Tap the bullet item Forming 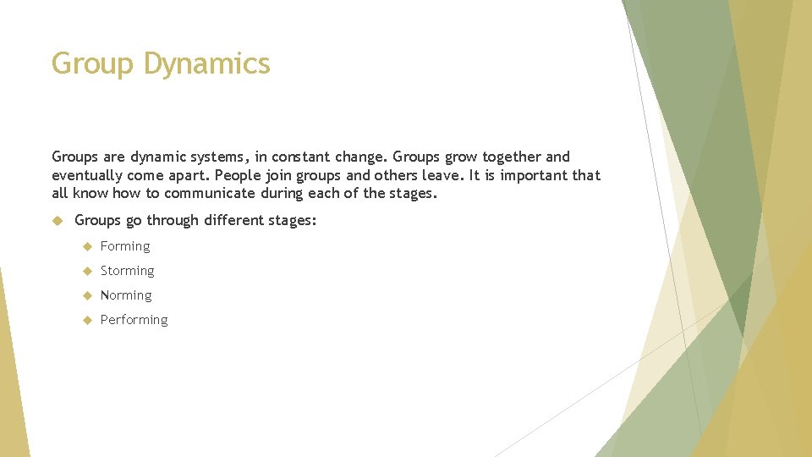point(125,246)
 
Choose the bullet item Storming point(128,271)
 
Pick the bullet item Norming point(126,295)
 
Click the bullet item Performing point(134,320)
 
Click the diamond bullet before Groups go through point(58,220)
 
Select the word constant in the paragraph point(302,157)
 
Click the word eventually point(87,175)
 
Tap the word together point(512,157)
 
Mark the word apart point(192,175)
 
